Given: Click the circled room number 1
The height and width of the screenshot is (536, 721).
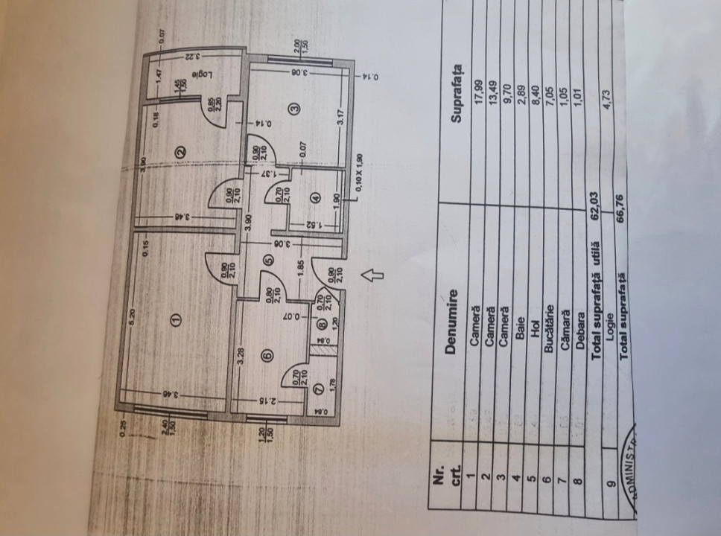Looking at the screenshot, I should point(176,319).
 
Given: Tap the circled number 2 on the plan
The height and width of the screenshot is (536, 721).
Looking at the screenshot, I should point(179,152).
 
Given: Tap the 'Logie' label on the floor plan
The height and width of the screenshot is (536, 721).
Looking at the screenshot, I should point(198,74).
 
